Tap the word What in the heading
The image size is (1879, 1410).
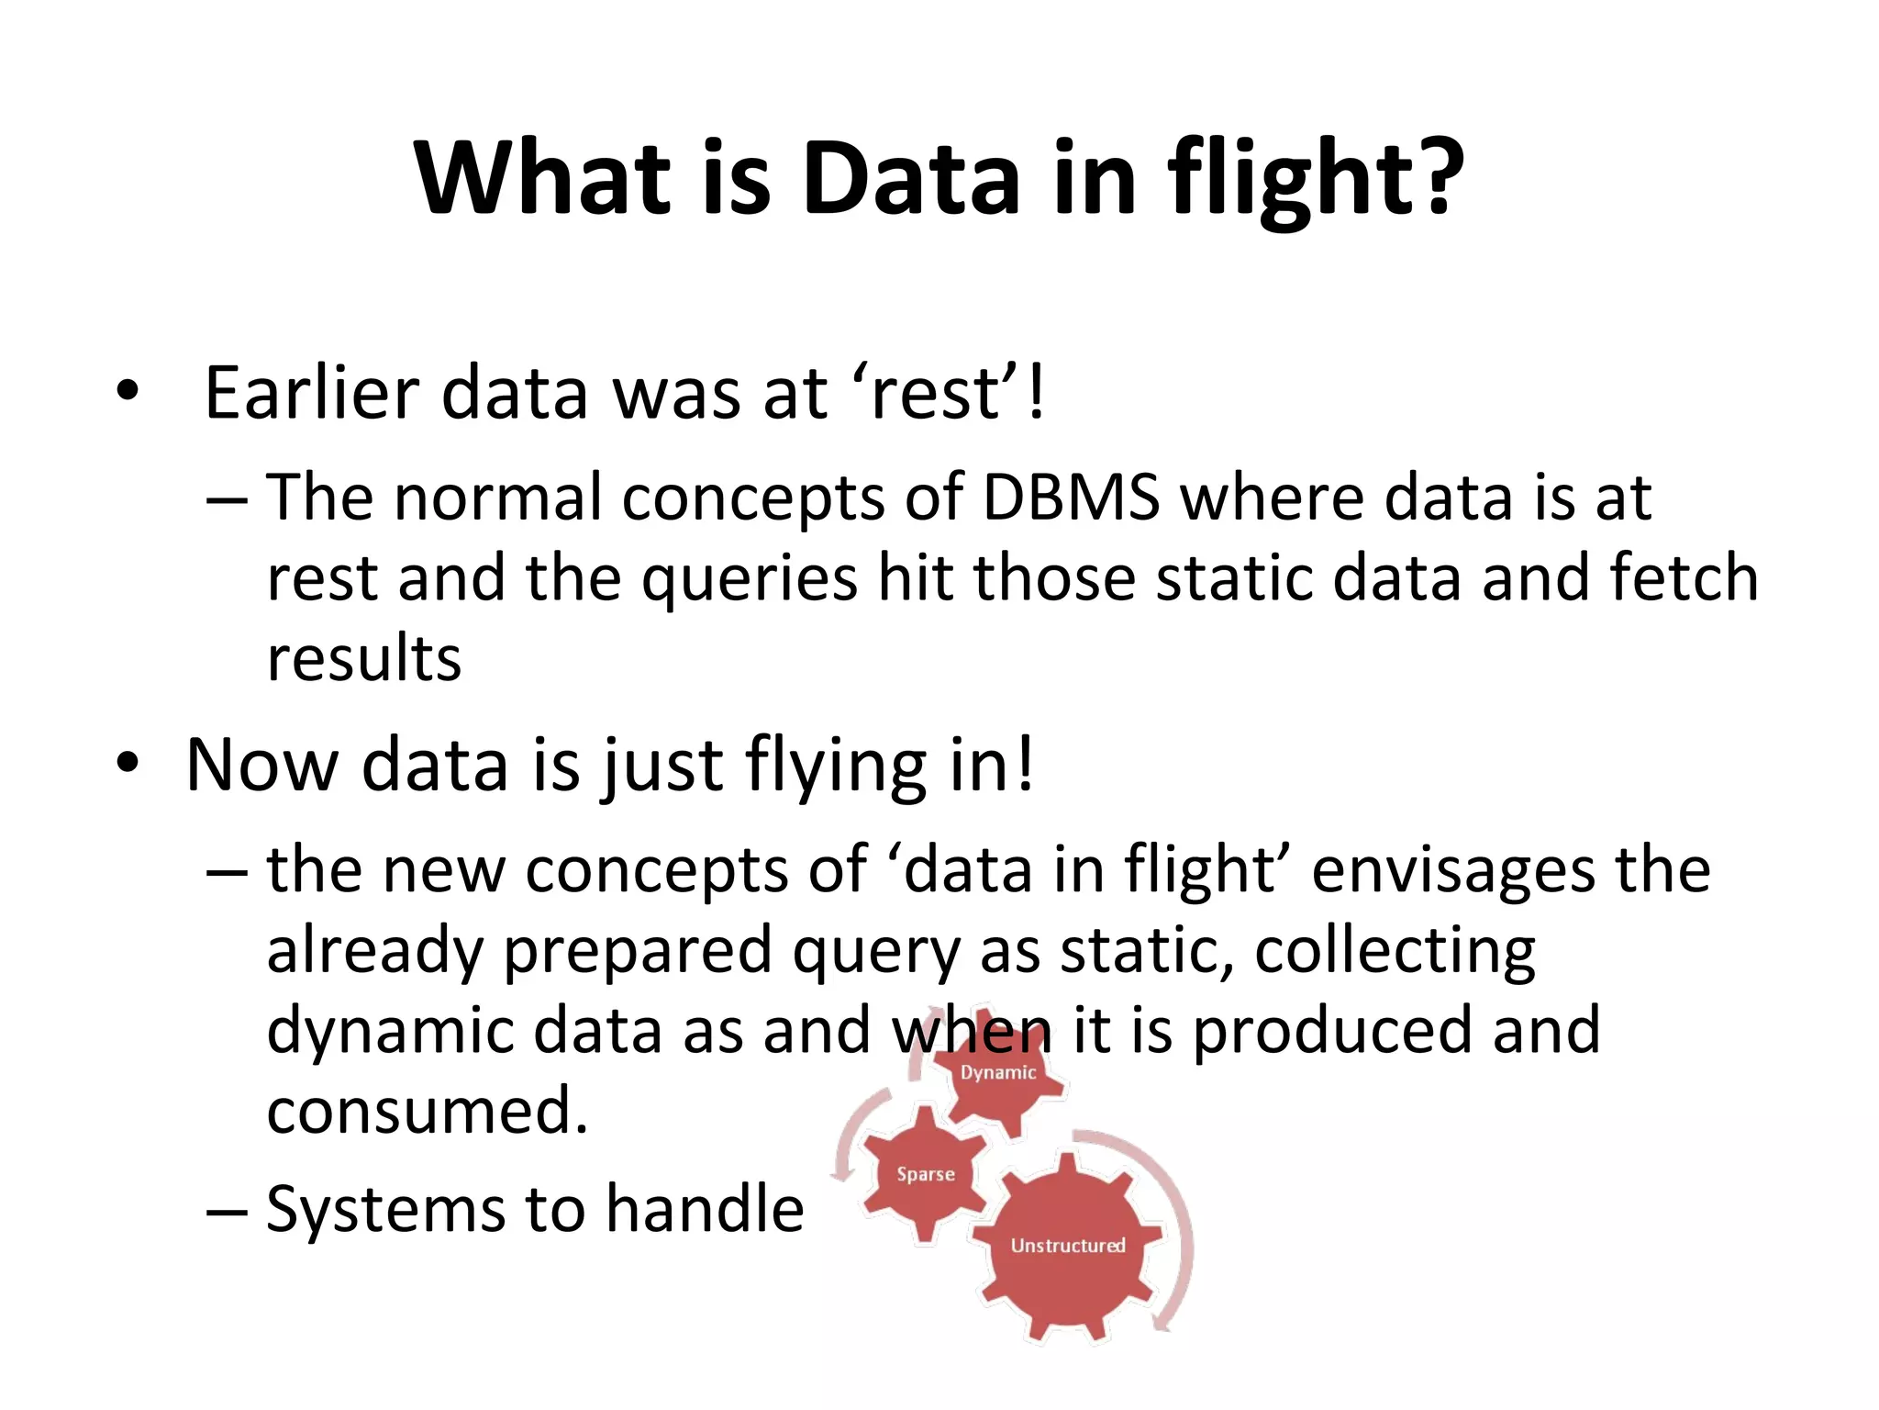pyautogui.click(x=541, y=179)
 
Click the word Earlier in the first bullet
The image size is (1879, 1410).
pyautogui.click(x=312, y=393)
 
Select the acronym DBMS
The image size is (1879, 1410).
pyautogui.click(x=1071, y=498)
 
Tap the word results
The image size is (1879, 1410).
pyautogui.click(x=363, y=659)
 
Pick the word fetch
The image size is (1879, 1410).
pyautogui.click(x=1684, y=578)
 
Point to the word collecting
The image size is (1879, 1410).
pyautogui.click(x=1395, y=952)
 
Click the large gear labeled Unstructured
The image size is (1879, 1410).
pyautogui.click(x=1067, y=1246)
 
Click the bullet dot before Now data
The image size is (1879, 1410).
pyautogui.click(x=128, y=763)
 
